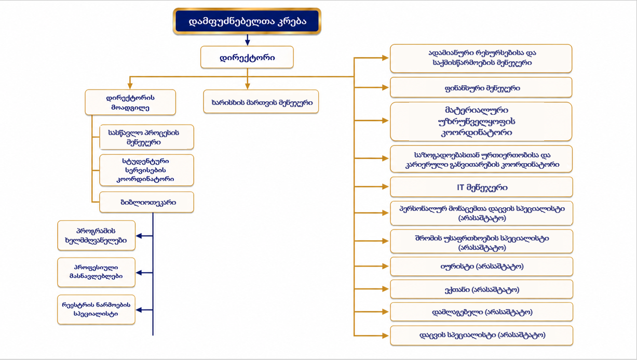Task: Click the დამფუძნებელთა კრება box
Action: (247, 21)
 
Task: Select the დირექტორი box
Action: (247, 57)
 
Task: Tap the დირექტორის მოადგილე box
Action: (130, 102)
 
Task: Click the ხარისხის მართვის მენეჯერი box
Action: (261, 102)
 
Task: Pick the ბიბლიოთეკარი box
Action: (147, 202)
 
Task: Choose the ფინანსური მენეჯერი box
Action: (481, 88)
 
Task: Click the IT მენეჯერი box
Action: (481, 187)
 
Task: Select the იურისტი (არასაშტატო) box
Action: (481, 266)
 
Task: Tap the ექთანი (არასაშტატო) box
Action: (481, 289)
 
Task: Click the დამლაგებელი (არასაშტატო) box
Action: (481, 312)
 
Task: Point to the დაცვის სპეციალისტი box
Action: (481, 336)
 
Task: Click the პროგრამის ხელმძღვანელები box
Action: (97, 235)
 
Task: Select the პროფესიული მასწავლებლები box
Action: (97, 272)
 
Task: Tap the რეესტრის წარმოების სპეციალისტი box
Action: (97, 309)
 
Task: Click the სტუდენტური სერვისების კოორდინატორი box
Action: (147, 170)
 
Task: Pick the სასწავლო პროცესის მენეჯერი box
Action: (147, 137)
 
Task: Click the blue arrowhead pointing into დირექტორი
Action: (248, 43)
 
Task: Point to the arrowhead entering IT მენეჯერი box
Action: (385, 186)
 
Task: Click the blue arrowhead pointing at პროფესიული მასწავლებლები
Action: (139, 273)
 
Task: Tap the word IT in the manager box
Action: (460, 187)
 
